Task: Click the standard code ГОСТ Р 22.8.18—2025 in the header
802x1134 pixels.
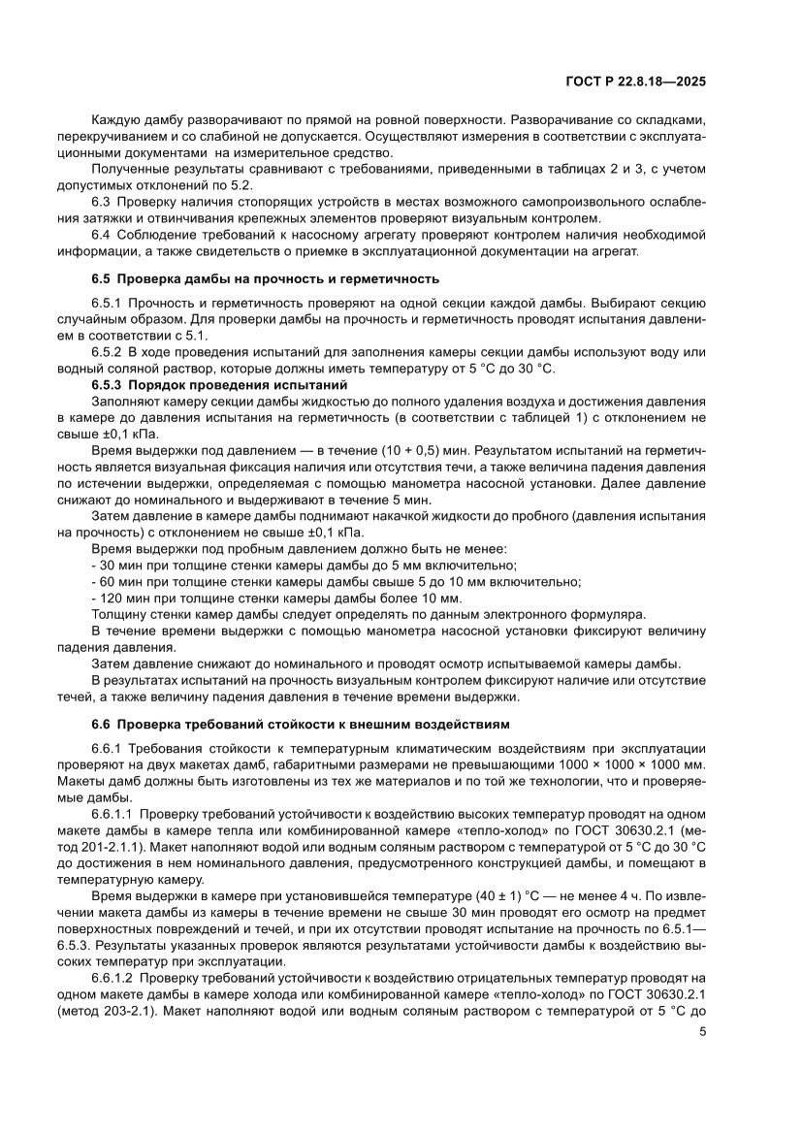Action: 636,81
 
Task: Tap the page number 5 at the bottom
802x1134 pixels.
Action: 702,1059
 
